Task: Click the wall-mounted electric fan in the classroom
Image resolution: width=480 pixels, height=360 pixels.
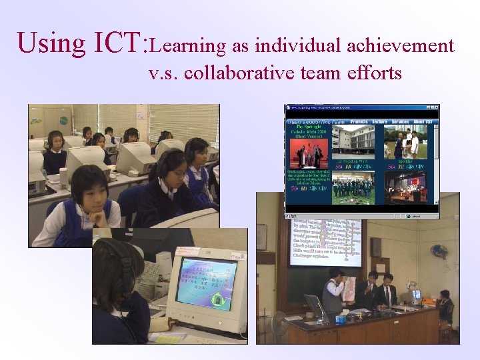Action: pos(439,251)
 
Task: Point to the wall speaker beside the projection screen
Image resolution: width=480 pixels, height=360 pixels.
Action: pos(376,247)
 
